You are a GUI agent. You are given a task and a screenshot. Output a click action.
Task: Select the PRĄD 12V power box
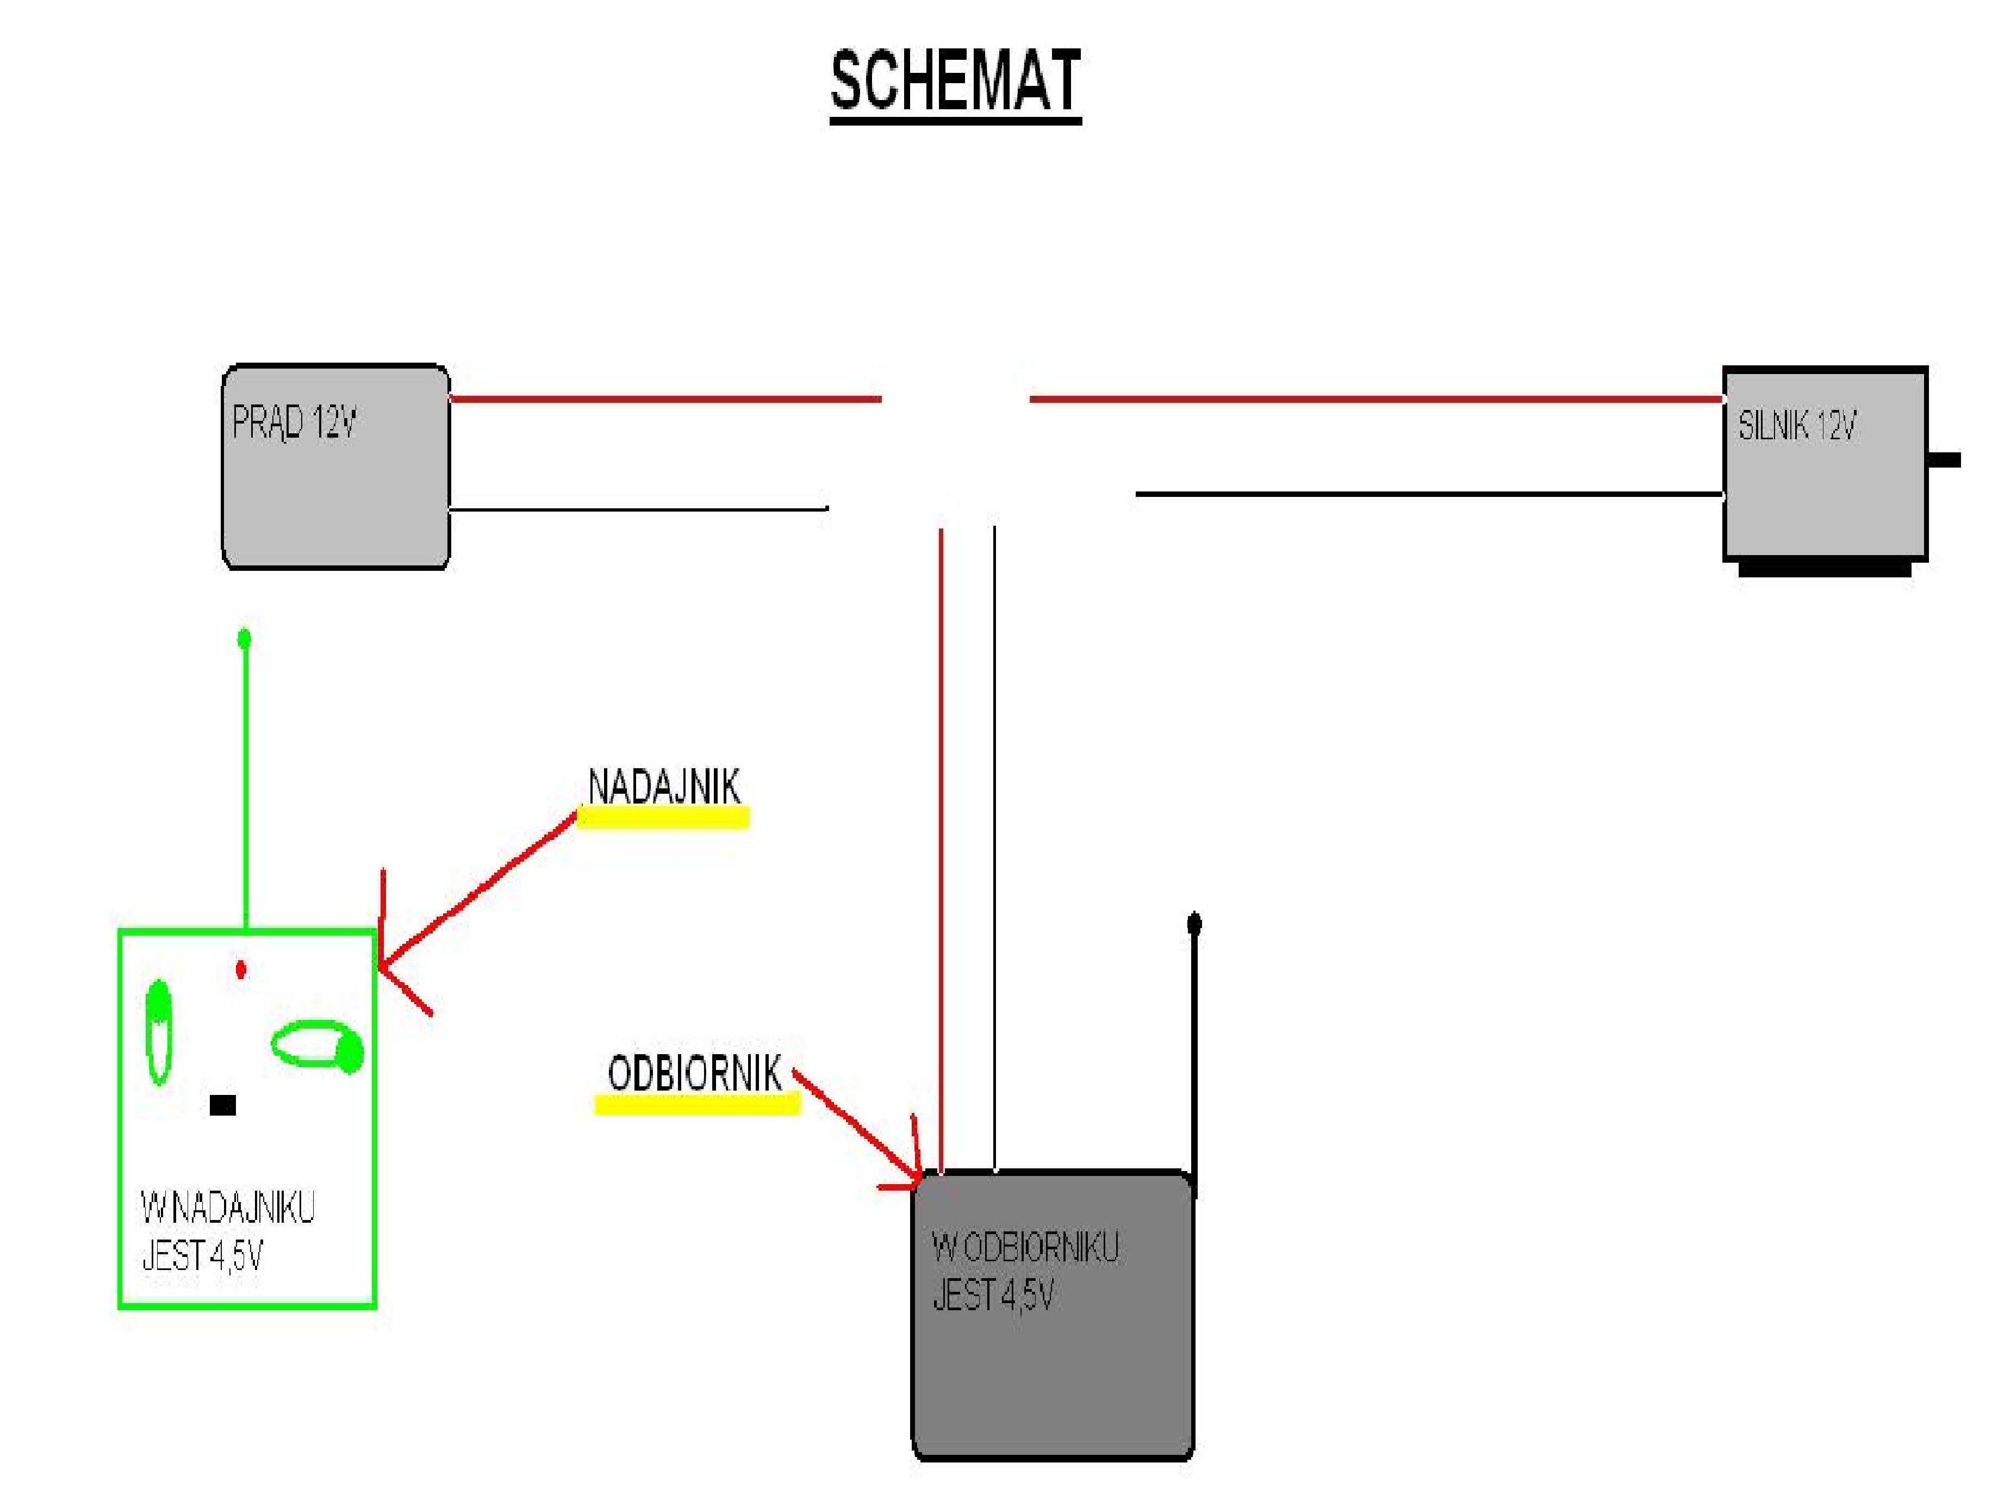(336, 466)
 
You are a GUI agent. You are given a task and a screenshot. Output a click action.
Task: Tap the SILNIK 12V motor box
(1825, 464)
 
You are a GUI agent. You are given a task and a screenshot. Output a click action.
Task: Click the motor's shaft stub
(1944, 460)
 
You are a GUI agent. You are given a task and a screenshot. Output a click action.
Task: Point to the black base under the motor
(1825, 569)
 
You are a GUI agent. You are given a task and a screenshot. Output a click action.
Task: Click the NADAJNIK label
(664, 786)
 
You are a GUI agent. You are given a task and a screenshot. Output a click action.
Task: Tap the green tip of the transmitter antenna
(243, 638)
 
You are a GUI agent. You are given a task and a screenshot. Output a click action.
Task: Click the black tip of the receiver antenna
(1194, 923)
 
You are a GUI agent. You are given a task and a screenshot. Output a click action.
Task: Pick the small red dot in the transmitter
(240, 969)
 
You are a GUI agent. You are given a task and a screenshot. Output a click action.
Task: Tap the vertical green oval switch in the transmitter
(159, 1031)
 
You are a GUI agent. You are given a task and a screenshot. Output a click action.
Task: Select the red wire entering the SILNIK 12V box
(1376, 398)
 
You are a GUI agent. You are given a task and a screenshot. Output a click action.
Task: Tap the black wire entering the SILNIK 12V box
(1429, 494)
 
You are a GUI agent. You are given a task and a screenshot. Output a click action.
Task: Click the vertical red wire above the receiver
(940, 852)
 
